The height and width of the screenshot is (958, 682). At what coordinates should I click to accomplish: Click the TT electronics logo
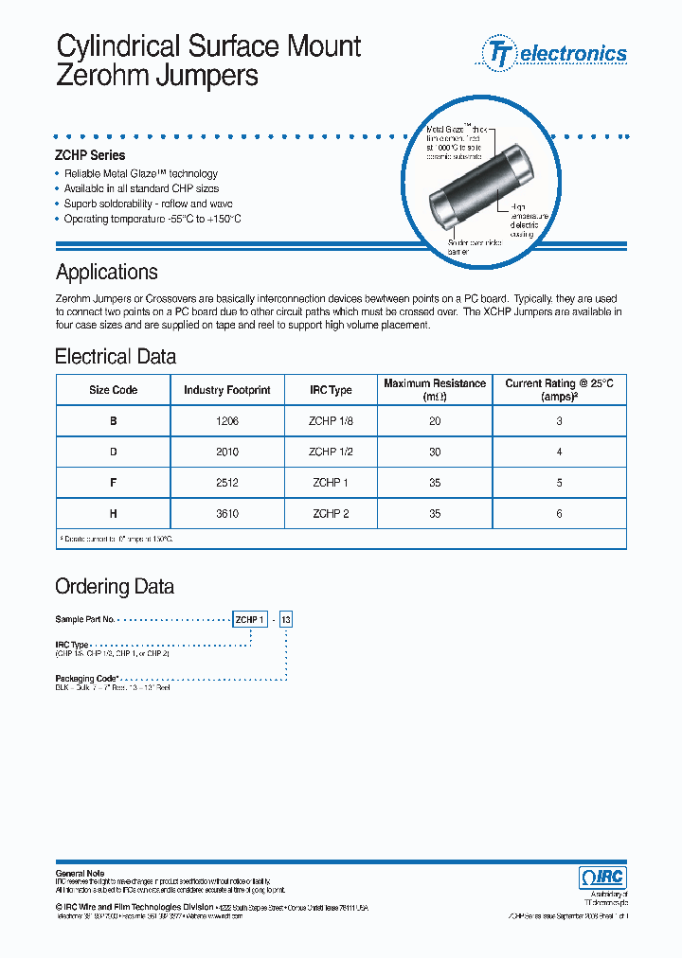click(x=555, y=53)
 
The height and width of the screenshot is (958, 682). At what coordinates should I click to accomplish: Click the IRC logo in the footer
click(x=602, y=878)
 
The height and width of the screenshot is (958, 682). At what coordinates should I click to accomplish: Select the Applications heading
click(x=107, y=273)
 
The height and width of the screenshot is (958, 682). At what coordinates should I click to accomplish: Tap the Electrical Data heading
click(x=116, y=357)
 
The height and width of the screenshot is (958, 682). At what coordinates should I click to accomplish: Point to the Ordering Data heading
click(x=115, y=587)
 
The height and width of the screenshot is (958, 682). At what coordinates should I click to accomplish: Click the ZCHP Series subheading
click(x=90, y=155)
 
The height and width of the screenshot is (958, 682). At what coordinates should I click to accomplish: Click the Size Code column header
click(x=114, y=390)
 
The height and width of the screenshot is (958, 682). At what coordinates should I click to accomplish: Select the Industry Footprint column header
click(x=227, y=390)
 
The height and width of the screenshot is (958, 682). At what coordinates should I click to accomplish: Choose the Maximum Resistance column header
click(x=435, y=390)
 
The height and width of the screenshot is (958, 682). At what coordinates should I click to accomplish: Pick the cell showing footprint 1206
click(x=227, y=422)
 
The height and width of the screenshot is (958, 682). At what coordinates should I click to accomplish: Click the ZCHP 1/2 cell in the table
click(x=332, y=452)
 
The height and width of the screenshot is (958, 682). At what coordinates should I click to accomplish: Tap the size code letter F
click(x=114, y=483)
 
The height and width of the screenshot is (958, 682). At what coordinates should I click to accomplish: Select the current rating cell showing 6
click(x=559, y=514)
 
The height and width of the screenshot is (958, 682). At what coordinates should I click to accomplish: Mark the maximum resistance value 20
click(x=435, y=422)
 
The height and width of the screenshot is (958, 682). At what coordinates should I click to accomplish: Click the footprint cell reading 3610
click(x=227, y=514)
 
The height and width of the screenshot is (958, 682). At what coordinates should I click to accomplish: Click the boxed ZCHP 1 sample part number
click(x=250, y=619)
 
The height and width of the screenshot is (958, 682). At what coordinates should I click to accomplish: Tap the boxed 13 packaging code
click(x=287, y=619)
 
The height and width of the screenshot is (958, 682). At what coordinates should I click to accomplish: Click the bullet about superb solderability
click(x=148, y=204)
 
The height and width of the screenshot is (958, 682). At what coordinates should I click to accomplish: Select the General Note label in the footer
click(x=81, y=873)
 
